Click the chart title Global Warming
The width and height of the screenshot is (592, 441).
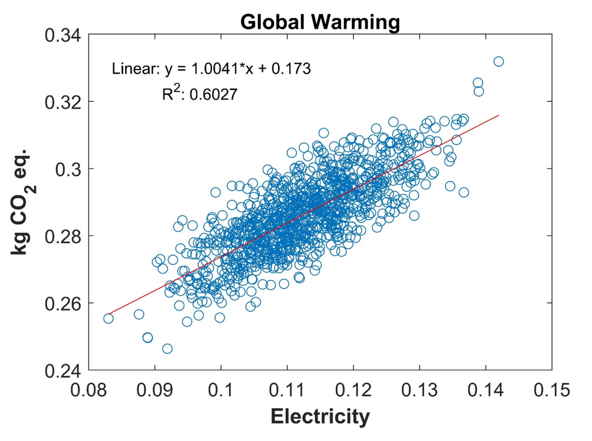[320, 22]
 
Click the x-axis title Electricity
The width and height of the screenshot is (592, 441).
[320, 416]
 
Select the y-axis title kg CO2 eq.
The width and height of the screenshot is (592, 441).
[21, 202]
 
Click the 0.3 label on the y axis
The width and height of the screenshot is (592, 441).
[68, 169]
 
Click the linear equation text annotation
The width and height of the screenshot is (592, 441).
[211, 69]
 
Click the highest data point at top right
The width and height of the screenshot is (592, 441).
[499, 61]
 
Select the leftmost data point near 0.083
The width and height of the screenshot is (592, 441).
[108, 318]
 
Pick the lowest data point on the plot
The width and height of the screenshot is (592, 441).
[167, 349]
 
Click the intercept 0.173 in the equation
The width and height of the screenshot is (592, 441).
[291, 69]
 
